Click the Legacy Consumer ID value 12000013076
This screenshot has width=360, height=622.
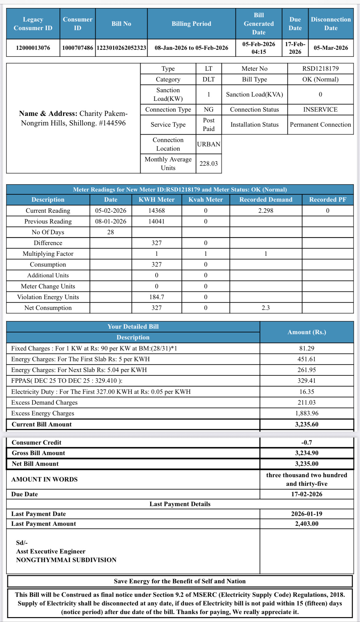click(33, 48)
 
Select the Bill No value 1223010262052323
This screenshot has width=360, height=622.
click(121, 48)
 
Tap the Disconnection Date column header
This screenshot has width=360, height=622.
click(331, 24)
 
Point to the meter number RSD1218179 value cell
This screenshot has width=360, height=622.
click(320, 69)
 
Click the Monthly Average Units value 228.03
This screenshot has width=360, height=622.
click(209, 164)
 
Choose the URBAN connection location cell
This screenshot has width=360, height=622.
click(209, 144)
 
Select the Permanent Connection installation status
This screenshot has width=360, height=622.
click(320, 125)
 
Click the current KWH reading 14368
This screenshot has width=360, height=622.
click(157, 211)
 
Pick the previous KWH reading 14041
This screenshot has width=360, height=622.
click(157, 221)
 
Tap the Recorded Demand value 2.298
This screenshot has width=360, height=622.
click(266, 211)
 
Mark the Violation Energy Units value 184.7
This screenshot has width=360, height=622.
click(157, 297)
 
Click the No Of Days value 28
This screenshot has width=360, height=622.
click(111, 232)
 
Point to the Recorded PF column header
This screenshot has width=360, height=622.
click(328, 200)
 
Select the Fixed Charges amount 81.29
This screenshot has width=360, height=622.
click(307, 348)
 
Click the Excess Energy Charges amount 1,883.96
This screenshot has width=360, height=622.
click(307, 413)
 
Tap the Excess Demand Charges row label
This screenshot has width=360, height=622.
click(44, 402)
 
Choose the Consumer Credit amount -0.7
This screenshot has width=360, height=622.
click(307, 442)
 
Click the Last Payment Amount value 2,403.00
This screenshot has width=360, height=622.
click(307, 524)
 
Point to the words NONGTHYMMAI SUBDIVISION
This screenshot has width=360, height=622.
click(66, 560)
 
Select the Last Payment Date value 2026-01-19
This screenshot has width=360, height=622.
click(307, 514)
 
